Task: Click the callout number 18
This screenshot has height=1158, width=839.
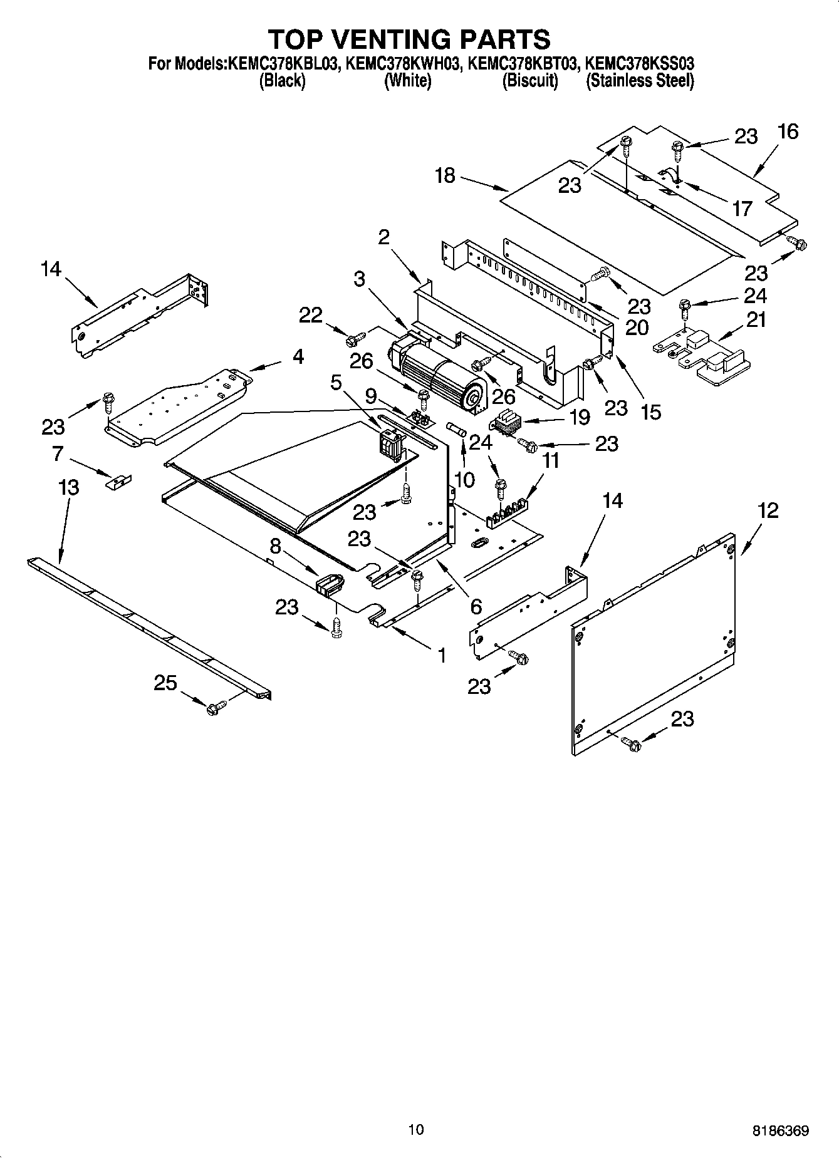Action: tap(445, 176)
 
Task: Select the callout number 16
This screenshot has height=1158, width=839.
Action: tap(788, 132)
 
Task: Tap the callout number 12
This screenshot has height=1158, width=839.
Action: tap(768, 510)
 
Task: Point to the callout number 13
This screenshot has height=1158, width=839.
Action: tap(69, 487)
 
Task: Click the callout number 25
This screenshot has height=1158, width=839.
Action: tap(165, 683)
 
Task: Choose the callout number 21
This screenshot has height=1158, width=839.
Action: tap(757, 320)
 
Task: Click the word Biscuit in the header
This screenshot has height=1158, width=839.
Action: tap(530, 81)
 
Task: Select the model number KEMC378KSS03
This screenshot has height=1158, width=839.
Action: tap(639, 63)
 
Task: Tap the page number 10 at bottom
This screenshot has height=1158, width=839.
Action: tap(415, 1129)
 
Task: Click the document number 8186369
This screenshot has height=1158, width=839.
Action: tap(780, 1130)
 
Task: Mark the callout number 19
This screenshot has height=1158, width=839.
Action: tap(580, 416)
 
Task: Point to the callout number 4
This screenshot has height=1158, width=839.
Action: tap(298, 357)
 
